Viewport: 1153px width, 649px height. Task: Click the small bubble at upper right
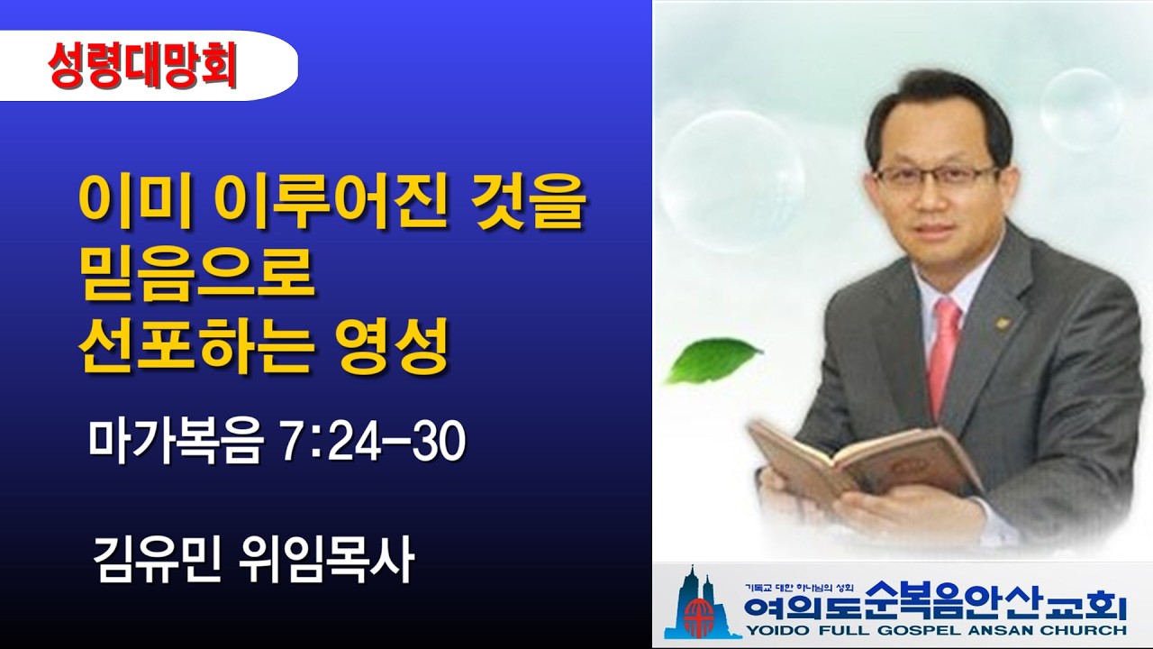1082,108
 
